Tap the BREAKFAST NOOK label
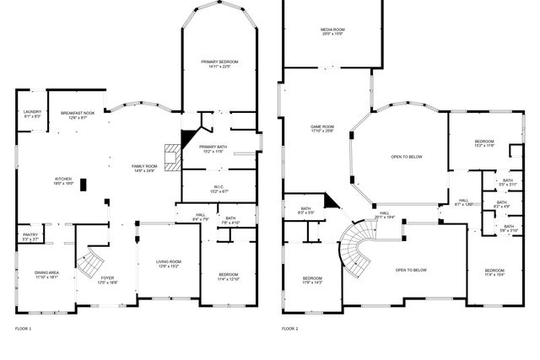click(x=77, y=114)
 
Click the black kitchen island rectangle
click(x=84, y=185)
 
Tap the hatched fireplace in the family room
click(x=173, y=156)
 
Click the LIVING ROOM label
click(x=169, y=264)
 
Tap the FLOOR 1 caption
click(x=24, y=327)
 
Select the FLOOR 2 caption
click(x=290, y=327)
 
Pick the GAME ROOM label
click(x=322, y=128)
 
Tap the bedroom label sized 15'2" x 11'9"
click(x=483, y=143)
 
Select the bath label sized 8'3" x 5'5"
click(x=305, y=211)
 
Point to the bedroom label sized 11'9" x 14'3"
click(x=311, y=279)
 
